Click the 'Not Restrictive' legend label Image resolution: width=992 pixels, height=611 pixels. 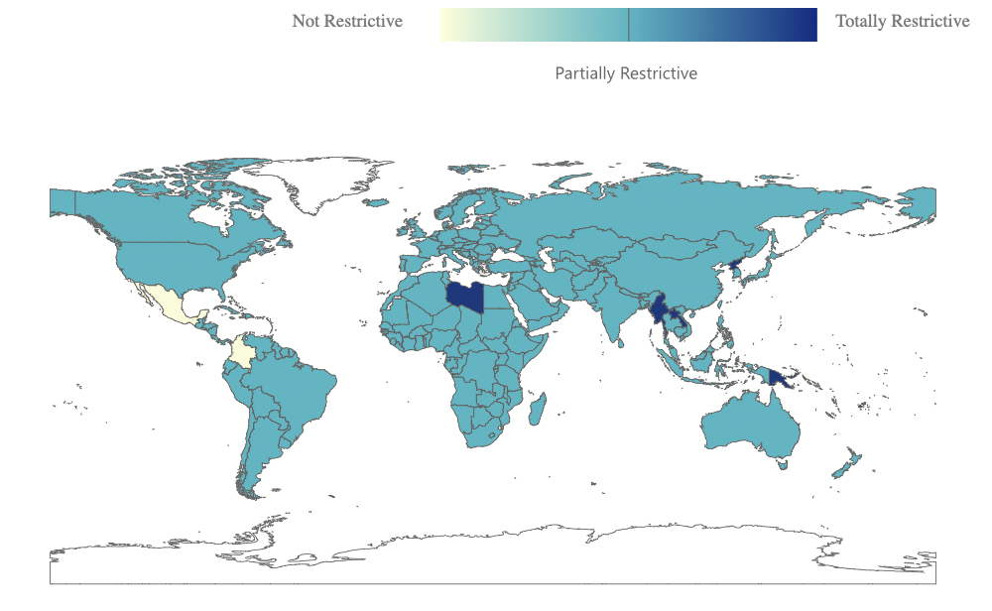coord(347,21)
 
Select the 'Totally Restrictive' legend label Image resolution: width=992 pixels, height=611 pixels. coord(902,21)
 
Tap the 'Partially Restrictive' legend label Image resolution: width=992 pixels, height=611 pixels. coord(626,73)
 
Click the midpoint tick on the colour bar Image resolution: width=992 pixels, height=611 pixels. coord(629,25)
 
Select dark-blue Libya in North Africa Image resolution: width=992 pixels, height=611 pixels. coord(465,296)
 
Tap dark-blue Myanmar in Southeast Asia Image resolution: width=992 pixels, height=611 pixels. coord(659,315)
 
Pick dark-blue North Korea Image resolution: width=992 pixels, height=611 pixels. coord(735,266)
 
